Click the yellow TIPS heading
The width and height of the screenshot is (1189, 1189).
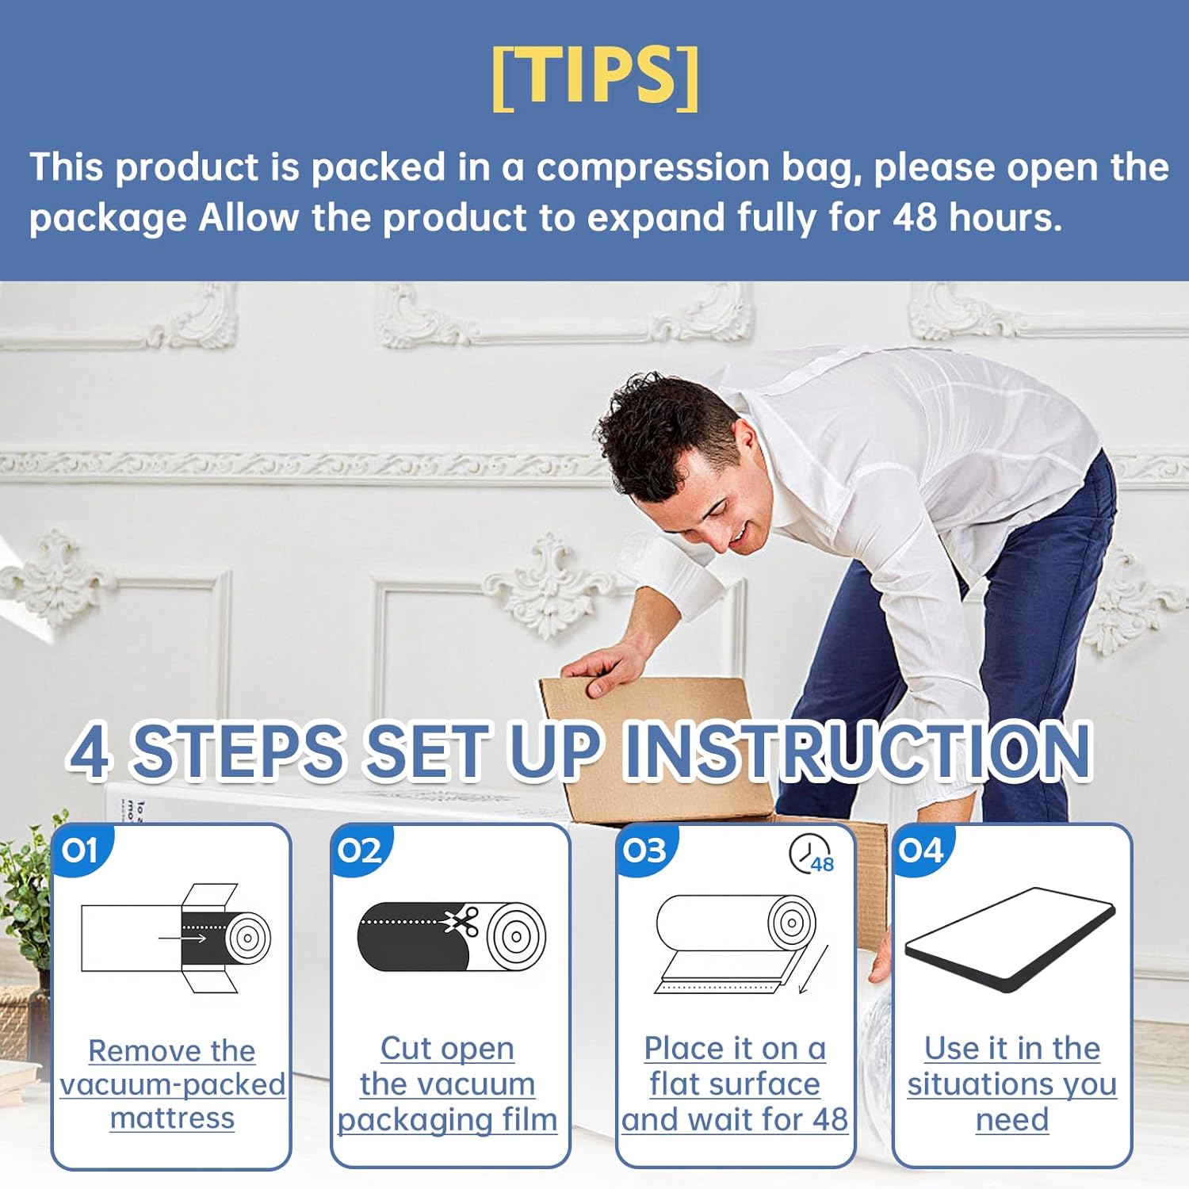click(x=595, y=76)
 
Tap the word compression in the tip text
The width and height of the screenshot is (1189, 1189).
click(x=652, y=168)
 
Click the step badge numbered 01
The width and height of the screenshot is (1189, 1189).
click(x=80, y=851)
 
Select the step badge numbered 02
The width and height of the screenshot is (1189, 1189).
click(x=359, y=851)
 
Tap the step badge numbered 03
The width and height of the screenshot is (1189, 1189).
click(x=644, y=851)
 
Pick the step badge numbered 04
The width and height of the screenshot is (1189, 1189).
click(x=921, y=851)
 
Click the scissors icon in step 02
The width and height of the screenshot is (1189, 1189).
click(x=461, y=922)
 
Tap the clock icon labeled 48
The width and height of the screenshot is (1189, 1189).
click(x=809, y=855)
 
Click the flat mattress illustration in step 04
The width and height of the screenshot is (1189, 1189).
click(x=1011, y=939)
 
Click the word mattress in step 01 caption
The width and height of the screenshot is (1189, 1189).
click(x=172, y=1118)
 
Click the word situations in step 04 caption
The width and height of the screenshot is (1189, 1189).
click(x=981, y=1084)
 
